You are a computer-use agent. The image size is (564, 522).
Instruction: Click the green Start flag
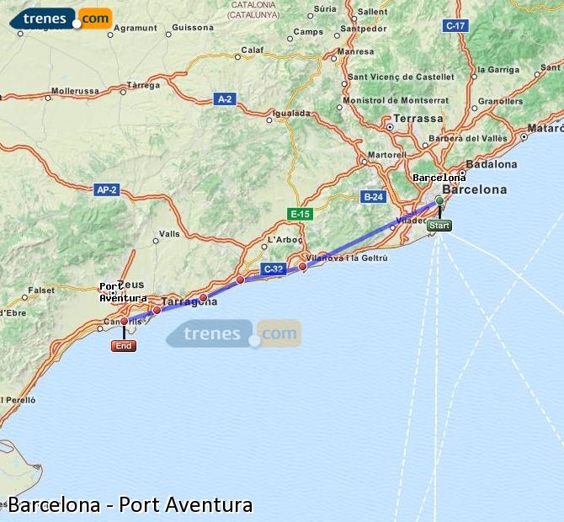(439, 226)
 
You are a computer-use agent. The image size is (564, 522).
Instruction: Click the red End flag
(124, 345)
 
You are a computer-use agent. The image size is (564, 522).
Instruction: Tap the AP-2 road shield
(107, 190)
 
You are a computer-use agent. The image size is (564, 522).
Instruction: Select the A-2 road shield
(224, 99)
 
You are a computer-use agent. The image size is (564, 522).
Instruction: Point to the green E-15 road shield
(300, 214)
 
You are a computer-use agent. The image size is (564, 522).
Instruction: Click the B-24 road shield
(373, 197)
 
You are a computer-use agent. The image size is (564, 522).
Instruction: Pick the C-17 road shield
(455, 25)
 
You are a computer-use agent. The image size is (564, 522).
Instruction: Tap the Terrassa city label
(418, 119)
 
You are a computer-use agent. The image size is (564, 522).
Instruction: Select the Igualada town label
(292, 112)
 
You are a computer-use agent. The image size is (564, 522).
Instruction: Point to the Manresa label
(354, 51)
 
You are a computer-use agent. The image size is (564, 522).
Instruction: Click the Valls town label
(169, 234)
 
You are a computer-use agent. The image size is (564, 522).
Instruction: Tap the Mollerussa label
(75, 91)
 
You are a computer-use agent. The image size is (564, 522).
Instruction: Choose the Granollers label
(500, 102)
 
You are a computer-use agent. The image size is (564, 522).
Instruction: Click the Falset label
(41, 290)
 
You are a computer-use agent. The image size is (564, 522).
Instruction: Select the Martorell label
(386, 155)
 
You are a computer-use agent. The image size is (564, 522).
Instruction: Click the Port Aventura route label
(122, 292)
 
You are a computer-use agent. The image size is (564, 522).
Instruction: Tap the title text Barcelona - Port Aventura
(130, 505)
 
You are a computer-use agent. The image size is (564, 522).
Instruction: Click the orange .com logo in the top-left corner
(96, 18)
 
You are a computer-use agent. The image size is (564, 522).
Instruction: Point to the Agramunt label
(136, 28)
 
